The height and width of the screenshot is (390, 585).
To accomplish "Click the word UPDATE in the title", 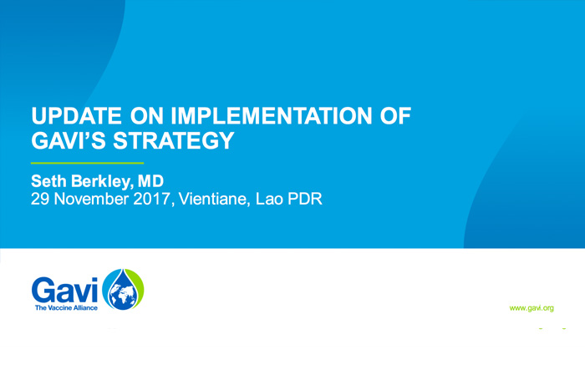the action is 77,115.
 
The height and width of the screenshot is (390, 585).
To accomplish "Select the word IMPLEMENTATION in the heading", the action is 272,115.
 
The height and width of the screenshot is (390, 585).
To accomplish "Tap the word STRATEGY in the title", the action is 174,140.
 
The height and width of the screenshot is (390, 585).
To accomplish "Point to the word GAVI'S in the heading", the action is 69,140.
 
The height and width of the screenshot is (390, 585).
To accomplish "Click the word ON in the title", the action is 146,115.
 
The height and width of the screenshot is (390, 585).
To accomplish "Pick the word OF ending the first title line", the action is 395,115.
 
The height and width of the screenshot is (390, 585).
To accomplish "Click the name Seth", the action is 49,181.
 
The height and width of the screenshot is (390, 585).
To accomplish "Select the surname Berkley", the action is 101,182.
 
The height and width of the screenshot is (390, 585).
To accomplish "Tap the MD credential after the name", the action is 150,181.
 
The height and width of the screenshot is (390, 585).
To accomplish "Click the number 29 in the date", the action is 40,199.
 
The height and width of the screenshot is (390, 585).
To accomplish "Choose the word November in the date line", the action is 91,199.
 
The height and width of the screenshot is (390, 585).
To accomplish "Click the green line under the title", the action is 87,163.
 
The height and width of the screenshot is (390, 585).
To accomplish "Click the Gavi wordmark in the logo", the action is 64,290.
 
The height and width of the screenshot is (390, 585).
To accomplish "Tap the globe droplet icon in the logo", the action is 123,289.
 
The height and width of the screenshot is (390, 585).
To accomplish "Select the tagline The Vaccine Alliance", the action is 66,308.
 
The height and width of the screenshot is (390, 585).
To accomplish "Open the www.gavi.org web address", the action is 532,308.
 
